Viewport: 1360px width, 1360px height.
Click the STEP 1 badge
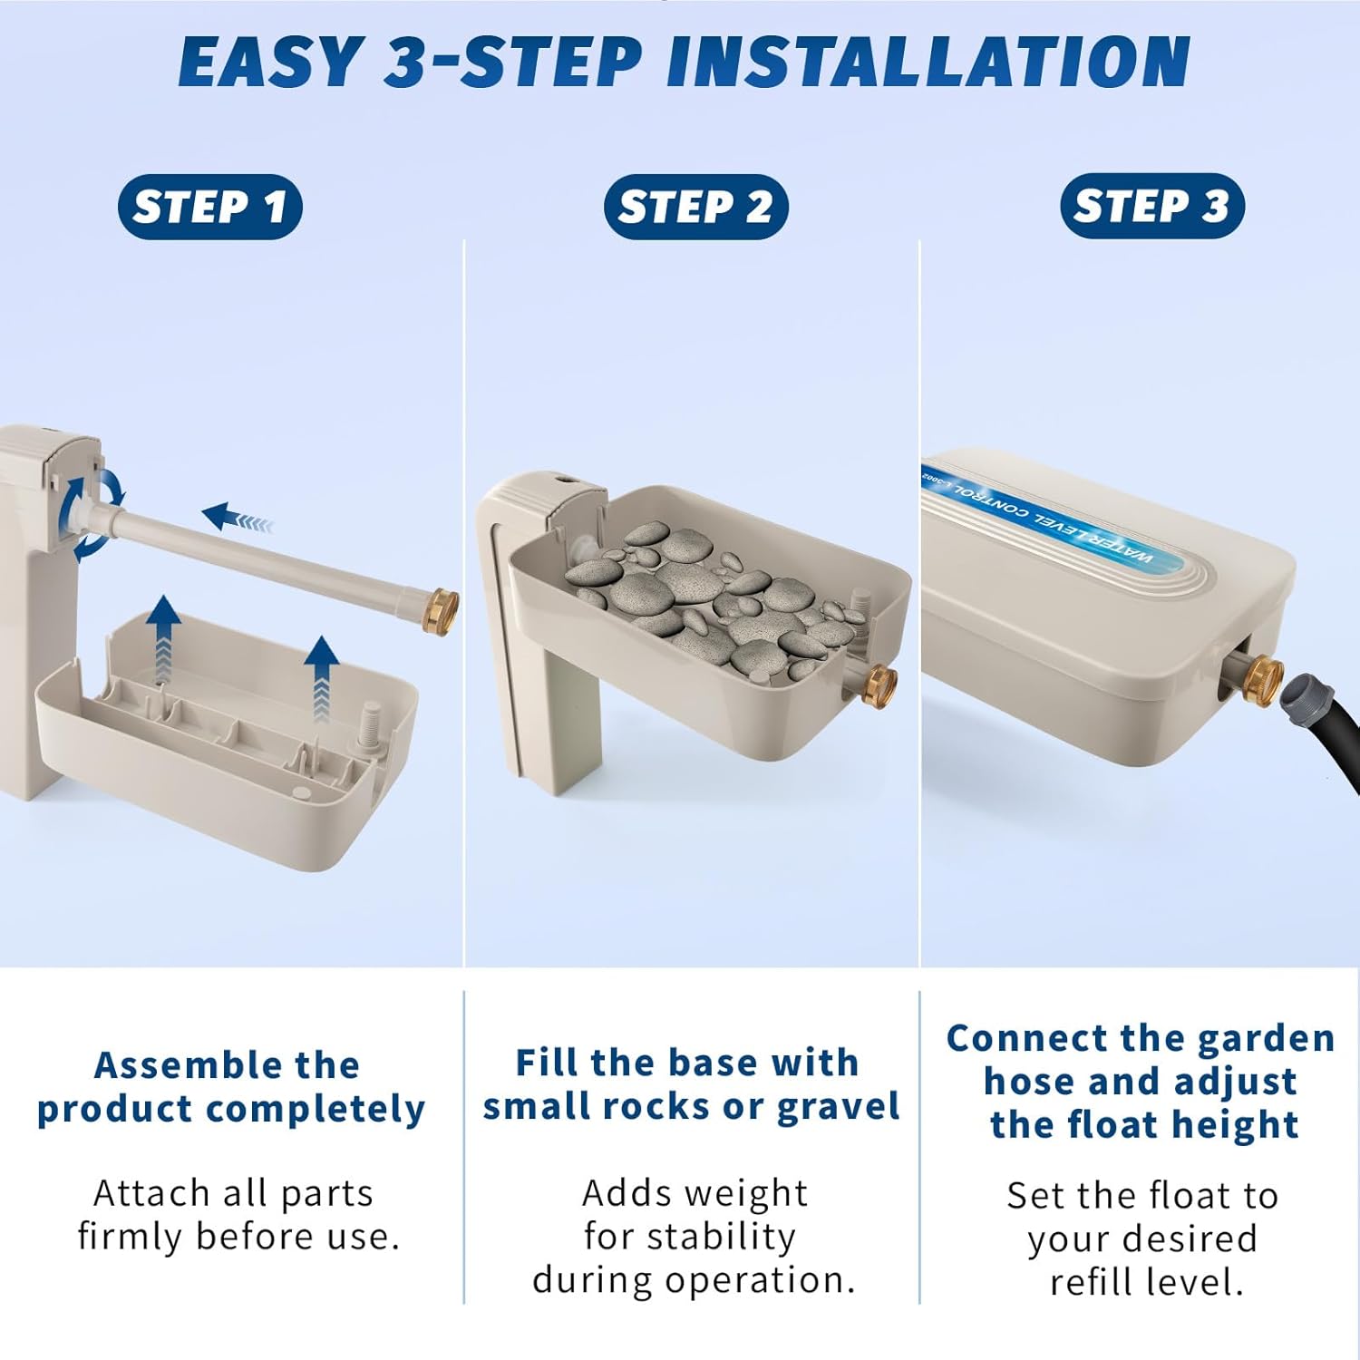pos(209,207)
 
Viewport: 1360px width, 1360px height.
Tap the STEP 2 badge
pos(695,207)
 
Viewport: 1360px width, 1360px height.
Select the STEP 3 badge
pos(1151,206)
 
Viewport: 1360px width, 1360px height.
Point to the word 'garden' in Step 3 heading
pos(1266,1038)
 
